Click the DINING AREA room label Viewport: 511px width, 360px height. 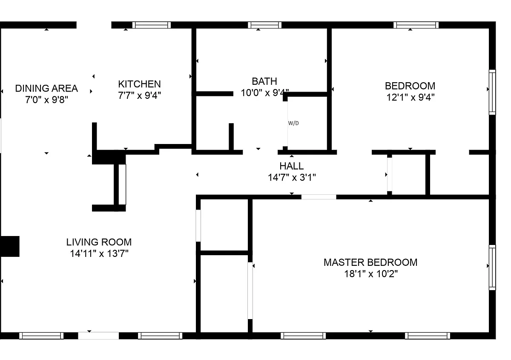point(46,88)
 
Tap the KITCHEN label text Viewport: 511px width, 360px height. point(139,84)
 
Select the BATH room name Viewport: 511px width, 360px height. point(264,81)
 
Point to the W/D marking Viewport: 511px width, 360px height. point(293,123)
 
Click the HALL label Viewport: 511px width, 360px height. point(292,166)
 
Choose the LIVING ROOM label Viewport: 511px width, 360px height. point(99,242)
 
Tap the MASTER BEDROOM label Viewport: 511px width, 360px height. point(370,262)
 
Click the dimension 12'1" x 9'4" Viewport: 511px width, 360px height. point(410,98)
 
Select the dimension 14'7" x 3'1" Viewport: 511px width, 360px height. point(292,177)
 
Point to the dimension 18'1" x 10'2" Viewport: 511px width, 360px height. point(371,274)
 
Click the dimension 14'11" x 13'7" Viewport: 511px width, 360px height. point(99,253)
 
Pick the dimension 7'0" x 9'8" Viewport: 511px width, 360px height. point(46,100)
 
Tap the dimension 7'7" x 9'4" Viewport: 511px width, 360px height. point(139,95)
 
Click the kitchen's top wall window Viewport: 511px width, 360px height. point(152,25)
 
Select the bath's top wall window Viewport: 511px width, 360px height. point(264,25)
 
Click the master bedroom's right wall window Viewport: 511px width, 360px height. point(492,268)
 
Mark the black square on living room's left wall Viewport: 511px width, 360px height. point(9,246)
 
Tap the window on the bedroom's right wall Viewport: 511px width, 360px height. point(492,92)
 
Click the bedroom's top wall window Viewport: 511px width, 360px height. point(416,25)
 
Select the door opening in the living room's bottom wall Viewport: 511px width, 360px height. point(98,336)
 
